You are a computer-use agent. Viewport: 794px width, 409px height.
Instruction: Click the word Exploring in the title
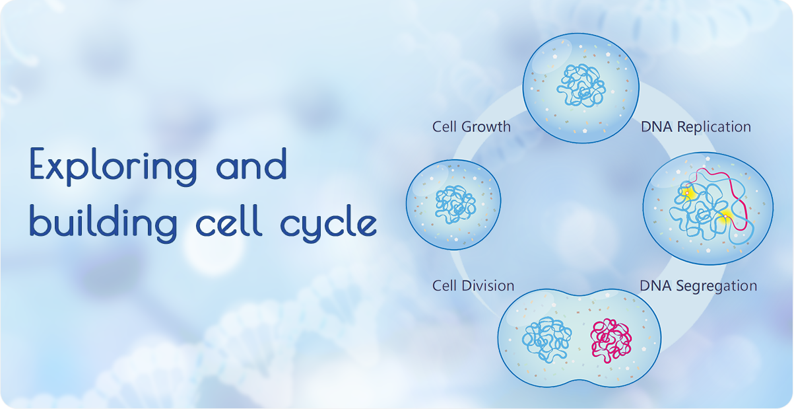(x=114, y=166)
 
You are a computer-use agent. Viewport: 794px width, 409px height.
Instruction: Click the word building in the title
(x=103, y=223)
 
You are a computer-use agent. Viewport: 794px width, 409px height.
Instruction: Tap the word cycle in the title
(x=329, y=223)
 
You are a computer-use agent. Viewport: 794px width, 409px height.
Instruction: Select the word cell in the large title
(x=229, y=220)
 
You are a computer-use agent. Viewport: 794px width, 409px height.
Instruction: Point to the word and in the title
(x=251, y=163)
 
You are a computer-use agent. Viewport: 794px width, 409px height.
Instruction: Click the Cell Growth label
(x=471, y=127)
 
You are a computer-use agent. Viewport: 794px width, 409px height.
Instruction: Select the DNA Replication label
(x=696, y=127)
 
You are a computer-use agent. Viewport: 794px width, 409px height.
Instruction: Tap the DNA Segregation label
(x=698, y=286)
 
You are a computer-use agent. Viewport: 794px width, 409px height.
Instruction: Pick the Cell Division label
(x=473, y=285)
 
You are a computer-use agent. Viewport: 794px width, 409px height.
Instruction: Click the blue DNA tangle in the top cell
(x=581, y=85)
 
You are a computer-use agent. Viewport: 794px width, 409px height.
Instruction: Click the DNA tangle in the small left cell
(x=455, y=204)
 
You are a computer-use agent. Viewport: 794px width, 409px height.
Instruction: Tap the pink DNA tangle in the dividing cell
(x=611, y=340)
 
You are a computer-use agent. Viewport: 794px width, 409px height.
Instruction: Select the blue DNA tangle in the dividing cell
(x=546, y=340)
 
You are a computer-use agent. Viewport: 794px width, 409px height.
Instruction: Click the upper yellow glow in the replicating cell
(x=688, y=194)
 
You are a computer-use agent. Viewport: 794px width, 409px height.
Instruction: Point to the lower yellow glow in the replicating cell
(x=725, y=216)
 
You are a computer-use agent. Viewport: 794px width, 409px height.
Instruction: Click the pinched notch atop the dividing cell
(x=579, y=296)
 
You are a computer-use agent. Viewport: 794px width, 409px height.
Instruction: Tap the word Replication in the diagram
(x=714, y=127)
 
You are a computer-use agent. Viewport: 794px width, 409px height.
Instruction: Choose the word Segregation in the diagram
(x=716, y=286)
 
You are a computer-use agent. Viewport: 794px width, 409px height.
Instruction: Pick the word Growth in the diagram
(x=486, y=127)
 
